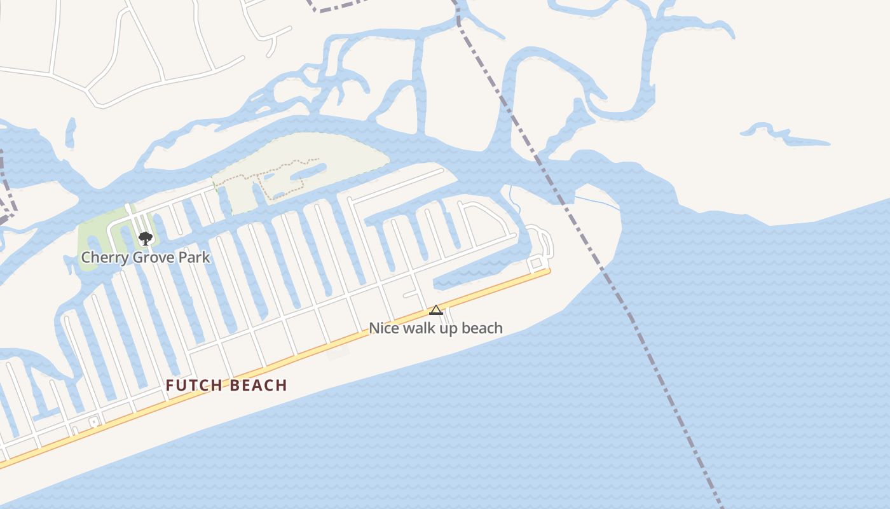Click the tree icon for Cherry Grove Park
point(146,239)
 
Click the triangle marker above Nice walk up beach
point(435,310)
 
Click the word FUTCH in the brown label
point(194,386)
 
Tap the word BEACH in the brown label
point(257,386)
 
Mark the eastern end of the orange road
point(547,272)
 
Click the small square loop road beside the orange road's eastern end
point(536,263)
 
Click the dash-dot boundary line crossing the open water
point(661,382)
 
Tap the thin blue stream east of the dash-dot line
point(598,203)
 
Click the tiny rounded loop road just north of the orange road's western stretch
point(93,422)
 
